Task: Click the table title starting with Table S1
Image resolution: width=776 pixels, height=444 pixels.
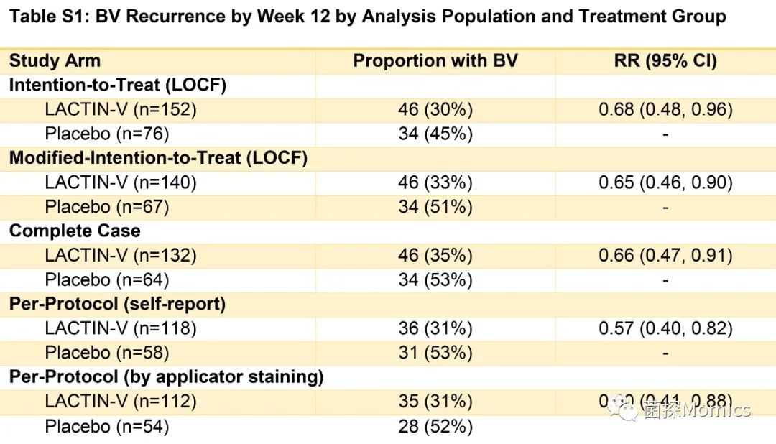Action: click(367, 17)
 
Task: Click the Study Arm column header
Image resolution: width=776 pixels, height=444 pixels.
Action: click(55, 61)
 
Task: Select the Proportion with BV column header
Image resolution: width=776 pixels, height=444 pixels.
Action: click(435, 61)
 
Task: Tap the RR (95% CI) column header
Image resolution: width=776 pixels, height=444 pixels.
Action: click(665, 61)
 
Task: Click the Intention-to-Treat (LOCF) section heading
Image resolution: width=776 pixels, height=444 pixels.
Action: click(118, 85)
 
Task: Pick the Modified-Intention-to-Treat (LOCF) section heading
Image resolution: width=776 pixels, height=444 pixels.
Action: click(158, 159)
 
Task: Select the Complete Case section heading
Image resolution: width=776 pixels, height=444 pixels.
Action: click(75, 231)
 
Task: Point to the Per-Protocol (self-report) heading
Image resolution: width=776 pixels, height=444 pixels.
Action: click(117, 305)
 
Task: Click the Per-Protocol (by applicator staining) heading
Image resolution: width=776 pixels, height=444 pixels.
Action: click(167, 377)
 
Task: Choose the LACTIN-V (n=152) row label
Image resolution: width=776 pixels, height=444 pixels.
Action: click(121, 110)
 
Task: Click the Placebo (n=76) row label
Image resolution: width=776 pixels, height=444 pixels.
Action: click(107, 134)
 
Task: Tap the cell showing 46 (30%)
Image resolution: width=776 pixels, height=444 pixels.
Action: click(435, 110)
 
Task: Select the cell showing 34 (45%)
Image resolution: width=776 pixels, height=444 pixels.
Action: click(435, 134)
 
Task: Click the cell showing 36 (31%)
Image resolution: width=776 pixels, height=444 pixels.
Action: click(435, 329)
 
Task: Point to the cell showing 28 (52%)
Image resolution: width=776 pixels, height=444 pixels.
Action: click(435, 427)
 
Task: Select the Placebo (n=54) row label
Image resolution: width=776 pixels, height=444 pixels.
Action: click(107, 427)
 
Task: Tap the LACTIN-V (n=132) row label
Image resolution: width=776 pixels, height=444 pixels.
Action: click(121, 256)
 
